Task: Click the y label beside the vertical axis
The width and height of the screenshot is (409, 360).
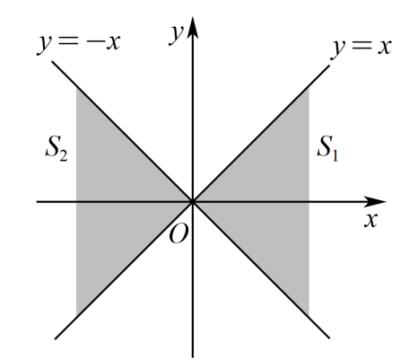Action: [176, 34]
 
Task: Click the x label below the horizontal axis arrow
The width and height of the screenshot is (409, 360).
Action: [370, 220]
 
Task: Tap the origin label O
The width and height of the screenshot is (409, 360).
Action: [178, 233]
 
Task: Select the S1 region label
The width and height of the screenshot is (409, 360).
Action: [327, 148]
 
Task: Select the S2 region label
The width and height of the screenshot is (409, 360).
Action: [57, 148]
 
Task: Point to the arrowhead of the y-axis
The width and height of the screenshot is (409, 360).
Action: [193, 28]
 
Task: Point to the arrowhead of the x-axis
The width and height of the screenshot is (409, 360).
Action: [375, 202]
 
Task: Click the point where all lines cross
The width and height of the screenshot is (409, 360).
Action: [193, 202]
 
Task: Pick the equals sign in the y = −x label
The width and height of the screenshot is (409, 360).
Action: [69, 41]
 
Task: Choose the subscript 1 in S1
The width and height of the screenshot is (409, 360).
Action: [335, 155]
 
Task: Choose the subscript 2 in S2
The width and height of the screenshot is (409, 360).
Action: [64, 155]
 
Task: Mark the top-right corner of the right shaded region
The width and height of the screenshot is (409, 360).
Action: [309, 86]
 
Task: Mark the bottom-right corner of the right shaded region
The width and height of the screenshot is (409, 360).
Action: [309, 317]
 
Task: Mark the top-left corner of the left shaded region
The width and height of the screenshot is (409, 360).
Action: [76, 86]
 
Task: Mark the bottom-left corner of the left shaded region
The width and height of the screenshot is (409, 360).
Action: [76, 317]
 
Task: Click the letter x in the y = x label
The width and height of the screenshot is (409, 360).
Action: [385, 47]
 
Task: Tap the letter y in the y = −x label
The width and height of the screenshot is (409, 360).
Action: [46, 43]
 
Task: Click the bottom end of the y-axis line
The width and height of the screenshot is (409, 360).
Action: [193, 356]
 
